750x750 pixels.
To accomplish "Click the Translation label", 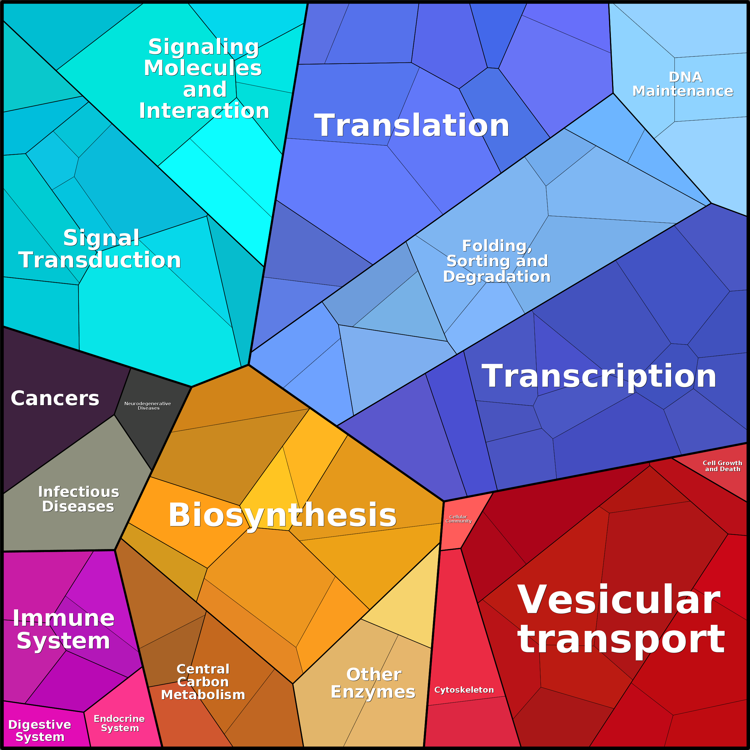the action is click(x=411, y=125).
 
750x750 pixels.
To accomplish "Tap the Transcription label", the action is click(x=599, y=376).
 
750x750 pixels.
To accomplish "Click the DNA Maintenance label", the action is click(x=683, y=84).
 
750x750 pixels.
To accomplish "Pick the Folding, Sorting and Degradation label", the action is click(x=497, y=261).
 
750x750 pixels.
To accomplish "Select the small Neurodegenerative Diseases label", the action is click(x=147, y=406).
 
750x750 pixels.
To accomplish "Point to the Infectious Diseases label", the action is click(x=79, y=499).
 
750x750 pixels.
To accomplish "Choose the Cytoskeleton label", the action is click(x=464, y=690).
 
